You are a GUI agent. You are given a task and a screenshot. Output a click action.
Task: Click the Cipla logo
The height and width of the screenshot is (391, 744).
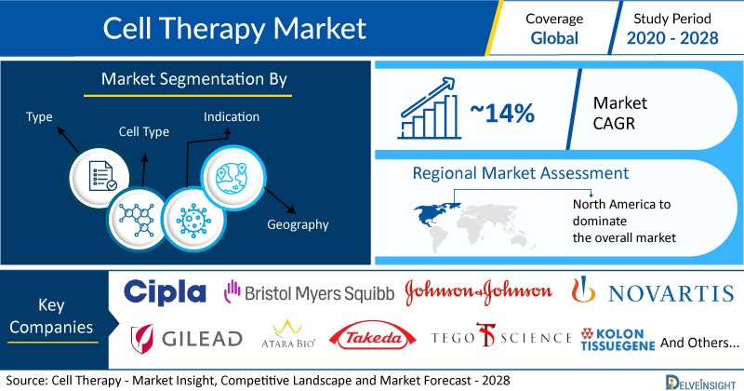pos(165,291)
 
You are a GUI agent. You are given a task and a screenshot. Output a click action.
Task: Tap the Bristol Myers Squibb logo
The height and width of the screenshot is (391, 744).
pos(309,292)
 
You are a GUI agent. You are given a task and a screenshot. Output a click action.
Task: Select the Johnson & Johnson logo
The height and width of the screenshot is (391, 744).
pos(478,291)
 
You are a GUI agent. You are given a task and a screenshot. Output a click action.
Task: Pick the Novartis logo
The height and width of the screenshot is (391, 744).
pos(653,290)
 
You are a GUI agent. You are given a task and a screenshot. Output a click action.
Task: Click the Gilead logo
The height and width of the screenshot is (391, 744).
pos(187,338)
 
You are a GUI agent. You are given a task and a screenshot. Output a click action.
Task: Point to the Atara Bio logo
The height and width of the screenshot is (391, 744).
pos(288,334)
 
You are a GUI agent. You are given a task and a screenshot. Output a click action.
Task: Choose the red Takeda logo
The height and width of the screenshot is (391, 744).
pos(373,338)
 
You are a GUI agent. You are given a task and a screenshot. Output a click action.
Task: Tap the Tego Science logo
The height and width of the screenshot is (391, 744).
pos(501,336)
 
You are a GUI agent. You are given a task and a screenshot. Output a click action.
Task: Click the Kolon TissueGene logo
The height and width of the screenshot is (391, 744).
pos(618,339)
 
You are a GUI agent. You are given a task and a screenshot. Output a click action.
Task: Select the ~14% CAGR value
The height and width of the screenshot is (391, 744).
pos(502,113)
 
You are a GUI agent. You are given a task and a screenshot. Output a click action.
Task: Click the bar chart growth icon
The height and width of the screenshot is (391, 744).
pos(429,108)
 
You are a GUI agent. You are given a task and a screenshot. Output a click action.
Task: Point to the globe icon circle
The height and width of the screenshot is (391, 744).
pos(233,178)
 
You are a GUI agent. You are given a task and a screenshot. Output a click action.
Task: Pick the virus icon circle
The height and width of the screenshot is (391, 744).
pos(193,220)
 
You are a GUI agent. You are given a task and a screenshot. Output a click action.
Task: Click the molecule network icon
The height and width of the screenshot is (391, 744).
pos(137,220)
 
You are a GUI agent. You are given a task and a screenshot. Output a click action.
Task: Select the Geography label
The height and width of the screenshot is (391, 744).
pos(298,224)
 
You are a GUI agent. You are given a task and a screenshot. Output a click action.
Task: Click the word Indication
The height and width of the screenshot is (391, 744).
pos(232,117)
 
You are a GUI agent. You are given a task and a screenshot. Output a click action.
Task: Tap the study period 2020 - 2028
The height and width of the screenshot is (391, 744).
pos(672,38)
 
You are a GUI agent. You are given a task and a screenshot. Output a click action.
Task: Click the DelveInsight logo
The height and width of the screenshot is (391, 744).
pos(701,383)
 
